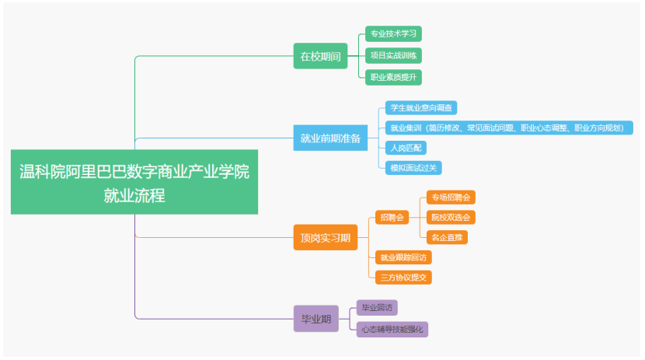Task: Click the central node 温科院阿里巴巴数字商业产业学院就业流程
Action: [134, 182]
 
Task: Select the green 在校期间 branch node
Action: [320, 56]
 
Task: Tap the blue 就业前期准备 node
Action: [330, 138]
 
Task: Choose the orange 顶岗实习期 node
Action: [325, 236]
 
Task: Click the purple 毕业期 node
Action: [316, 318]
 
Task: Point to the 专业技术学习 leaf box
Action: [393, 34]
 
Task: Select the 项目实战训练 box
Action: [393, 56]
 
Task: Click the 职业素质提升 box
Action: [393, 77]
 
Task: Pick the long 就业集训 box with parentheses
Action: [509, 128]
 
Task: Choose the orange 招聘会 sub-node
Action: [391, 217]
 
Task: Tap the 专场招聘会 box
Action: [451, 197]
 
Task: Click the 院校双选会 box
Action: [451, 217]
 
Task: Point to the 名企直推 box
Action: [447, 236]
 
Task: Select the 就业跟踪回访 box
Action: [403, 257]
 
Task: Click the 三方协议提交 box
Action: [403, 276]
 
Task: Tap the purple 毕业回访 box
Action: [376, 306]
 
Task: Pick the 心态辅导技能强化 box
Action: [392, 329]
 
